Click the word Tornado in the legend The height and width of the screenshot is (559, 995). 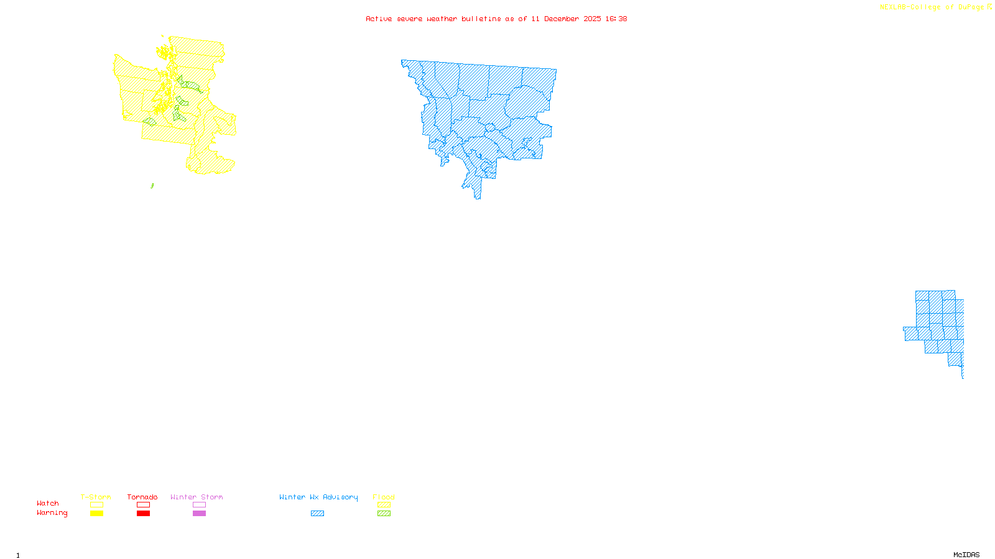point(142,497)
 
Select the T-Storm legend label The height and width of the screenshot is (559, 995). point(96,497)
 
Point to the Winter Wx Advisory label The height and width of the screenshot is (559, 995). point(318,497)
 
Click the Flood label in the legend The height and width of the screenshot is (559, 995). point(384,497)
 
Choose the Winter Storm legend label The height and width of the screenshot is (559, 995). point(197,497)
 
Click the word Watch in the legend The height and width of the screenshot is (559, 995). point(48,503)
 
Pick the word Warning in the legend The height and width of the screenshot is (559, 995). point(52,513)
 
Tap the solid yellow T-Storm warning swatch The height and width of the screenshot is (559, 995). point(96,514)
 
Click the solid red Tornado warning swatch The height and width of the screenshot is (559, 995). point(143,514)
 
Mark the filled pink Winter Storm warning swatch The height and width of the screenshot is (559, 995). point(199,514)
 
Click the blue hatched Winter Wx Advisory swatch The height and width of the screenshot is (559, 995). point(317,514)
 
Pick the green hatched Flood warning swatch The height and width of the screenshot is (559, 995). point(384,514)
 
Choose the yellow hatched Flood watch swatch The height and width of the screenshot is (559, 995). point(384,505)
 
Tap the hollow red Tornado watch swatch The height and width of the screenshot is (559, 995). point(143,505)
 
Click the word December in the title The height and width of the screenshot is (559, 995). point(562,19)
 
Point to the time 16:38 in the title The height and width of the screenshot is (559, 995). point(616,19)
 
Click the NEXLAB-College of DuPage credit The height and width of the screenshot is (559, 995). point(932,7)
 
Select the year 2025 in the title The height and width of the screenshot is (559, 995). point(593,19)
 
